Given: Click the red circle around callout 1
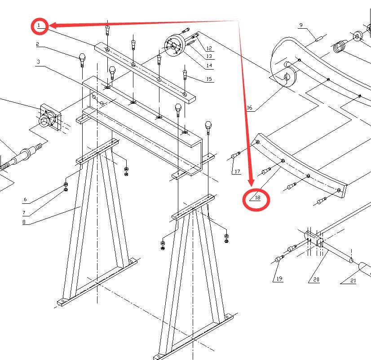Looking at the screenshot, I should point(40,26).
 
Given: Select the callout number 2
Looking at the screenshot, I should point(38,44).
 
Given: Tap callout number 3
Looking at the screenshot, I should point(39,61).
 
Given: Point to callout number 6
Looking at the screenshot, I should point(25,199).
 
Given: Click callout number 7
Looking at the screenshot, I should point(25,212).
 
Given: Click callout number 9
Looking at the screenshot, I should point(300,25).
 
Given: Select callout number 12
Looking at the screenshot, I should point(209,48).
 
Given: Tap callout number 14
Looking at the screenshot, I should point(209,66).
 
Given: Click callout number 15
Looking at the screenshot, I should point(209,79).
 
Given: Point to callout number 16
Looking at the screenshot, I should point(250,108).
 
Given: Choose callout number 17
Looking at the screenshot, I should point(237,171).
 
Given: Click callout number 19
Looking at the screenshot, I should point(279,279).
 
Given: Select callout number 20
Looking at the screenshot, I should point(316,280).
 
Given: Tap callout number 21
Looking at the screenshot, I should point(353,281).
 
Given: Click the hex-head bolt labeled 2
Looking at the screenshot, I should point(82,58).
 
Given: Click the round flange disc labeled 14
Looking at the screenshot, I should point(173,45).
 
